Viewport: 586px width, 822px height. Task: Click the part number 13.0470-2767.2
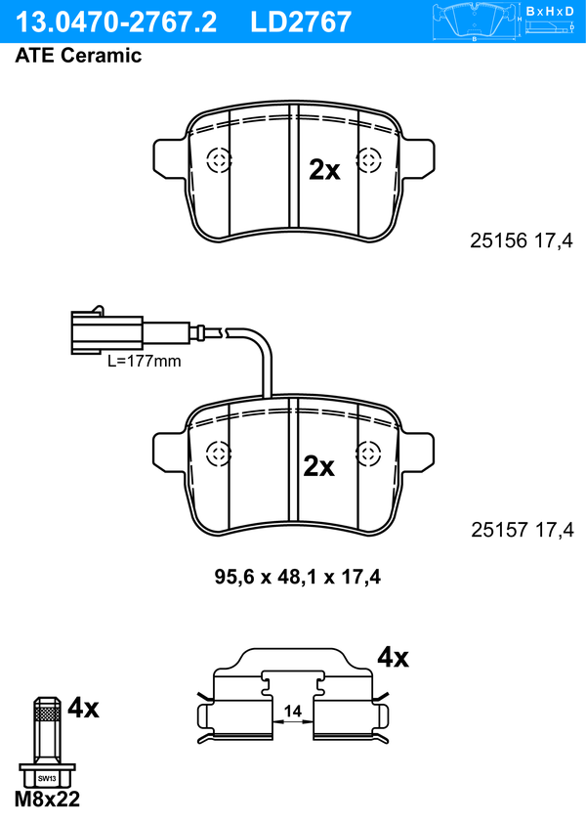[x=115, y=22]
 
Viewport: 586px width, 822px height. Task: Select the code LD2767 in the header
[x=301, y=22]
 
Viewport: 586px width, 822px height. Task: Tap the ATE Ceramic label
[x=78, y=55]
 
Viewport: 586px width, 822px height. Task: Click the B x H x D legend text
[x=550, y=11]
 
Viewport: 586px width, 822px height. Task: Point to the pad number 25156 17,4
[x=522, y=240]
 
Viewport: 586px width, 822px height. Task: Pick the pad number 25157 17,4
[x=523, y=530]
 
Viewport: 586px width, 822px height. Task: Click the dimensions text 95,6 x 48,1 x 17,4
[x=298, y=577]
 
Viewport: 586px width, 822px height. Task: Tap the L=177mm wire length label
[x=144, y=361]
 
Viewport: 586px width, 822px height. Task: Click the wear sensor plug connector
[x=107, y=331]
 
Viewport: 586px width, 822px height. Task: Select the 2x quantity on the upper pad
[x=324, y=170]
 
